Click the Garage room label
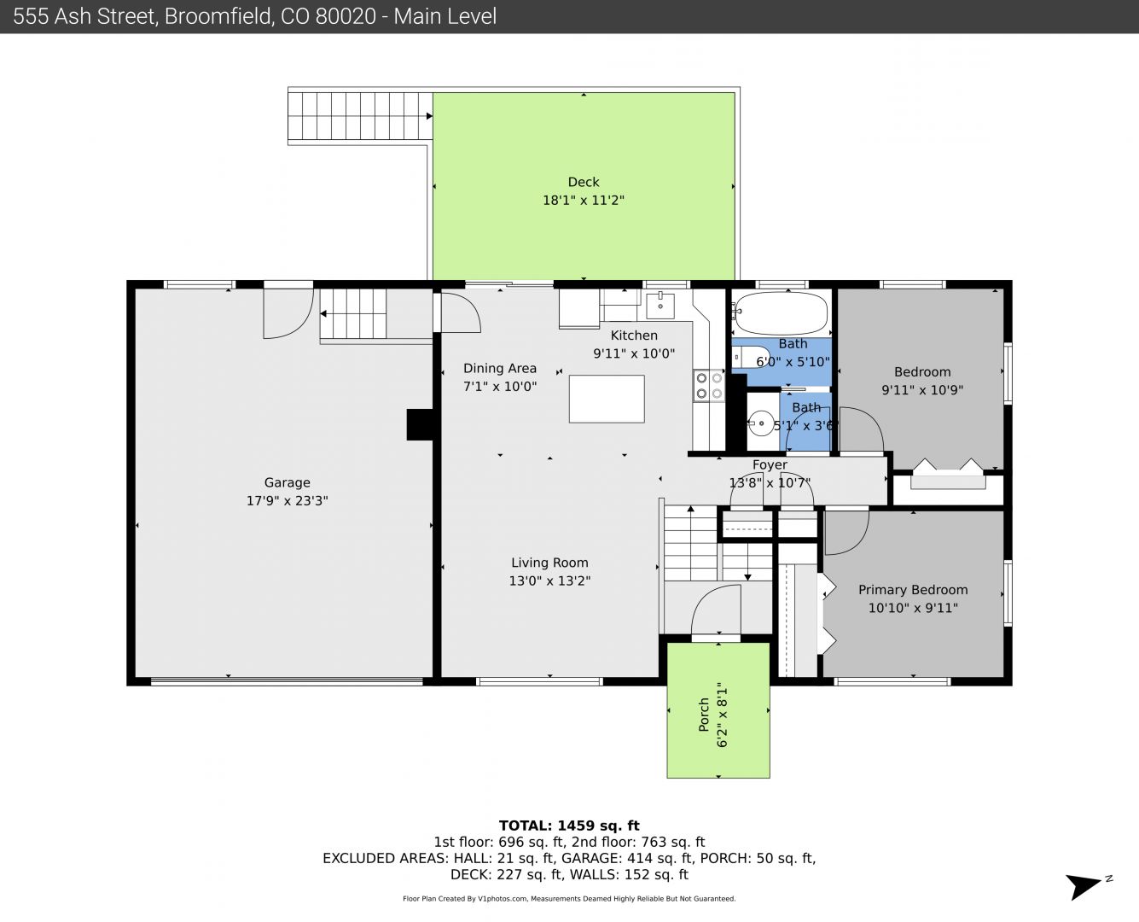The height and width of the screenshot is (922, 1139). click(288, 482)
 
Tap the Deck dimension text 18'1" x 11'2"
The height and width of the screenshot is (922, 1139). click(584, 200)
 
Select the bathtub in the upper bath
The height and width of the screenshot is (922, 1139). click(782, 313)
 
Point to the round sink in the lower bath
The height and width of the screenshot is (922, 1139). click(761, 423)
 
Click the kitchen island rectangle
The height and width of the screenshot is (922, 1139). click(607, 399)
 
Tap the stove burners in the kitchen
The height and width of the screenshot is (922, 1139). click(709, 386)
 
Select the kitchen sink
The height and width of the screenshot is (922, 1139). click(660, 306)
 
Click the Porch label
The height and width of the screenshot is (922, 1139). click(704, 715)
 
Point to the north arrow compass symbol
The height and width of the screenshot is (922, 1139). click(1085, 885)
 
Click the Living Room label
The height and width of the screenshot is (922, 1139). click(549, 563)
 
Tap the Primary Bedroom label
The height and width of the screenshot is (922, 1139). click(913, 590)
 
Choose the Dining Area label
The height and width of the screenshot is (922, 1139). click(499, 368)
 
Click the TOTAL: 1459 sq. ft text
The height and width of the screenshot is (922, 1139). click(569, 826)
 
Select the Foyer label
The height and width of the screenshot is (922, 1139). click(770, 465)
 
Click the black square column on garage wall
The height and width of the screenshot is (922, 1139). click(420, 425)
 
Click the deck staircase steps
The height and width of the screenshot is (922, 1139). click(360, 116)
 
